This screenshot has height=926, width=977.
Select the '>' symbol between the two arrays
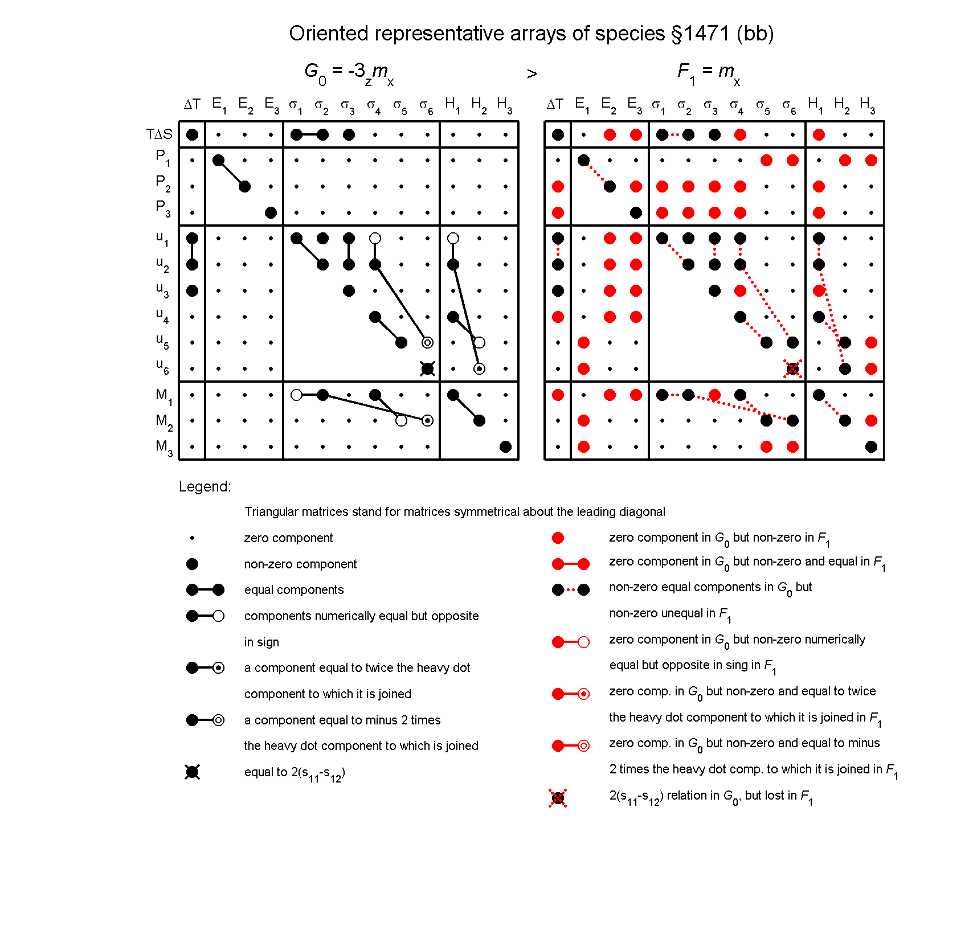point(532,74)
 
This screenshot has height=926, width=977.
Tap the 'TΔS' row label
point(159,134)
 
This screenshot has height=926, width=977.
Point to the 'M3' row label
point(163,447)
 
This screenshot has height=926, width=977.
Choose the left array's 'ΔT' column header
point(192,104)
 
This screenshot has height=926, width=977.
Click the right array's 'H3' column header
point(868,105)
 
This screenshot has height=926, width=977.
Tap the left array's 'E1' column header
point(219,105)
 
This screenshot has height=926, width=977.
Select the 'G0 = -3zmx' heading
point(349,72)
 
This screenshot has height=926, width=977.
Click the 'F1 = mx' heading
point(709,72)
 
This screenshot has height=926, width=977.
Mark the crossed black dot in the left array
point(427,369)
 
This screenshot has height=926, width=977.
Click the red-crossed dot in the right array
point(792,369)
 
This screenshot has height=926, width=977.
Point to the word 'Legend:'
point(205,486)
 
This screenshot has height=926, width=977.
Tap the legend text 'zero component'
point(288,538)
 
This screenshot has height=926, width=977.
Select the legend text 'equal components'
point(293,589)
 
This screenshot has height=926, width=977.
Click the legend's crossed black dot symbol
point(193,772)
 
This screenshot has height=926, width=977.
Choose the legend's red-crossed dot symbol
point(558,798)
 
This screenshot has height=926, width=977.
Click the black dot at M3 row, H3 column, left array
point(505,447)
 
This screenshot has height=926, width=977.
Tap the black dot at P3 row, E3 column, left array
point(271,213)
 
